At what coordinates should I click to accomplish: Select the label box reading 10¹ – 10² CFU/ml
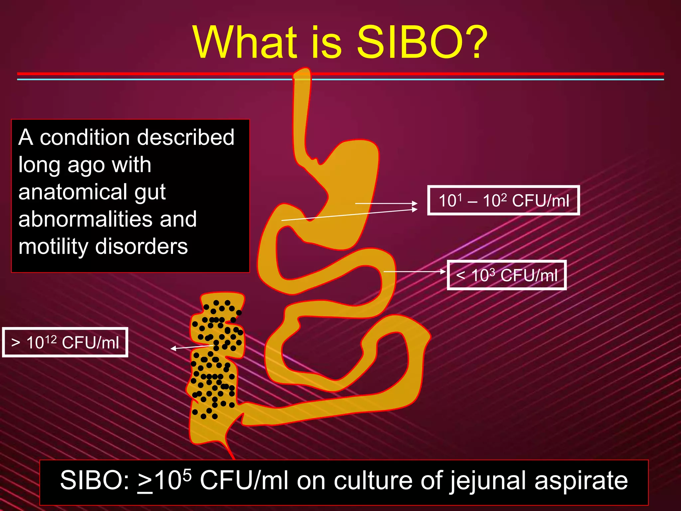point(503,200)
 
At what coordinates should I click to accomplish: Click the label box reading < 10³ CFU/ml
point(506,275)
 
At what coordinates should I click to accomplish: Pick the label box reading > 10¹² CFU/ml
point(65,342)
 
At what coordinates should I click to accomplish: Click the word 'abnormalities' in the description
point(87,219)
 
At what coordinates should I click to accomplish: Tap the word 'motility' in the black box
point(53,247)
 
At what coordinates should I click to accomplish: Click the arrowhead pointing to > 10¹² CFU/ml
point(173,348)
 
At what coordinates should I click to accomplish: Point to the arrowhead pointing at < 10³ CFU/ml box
point(443,271)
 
